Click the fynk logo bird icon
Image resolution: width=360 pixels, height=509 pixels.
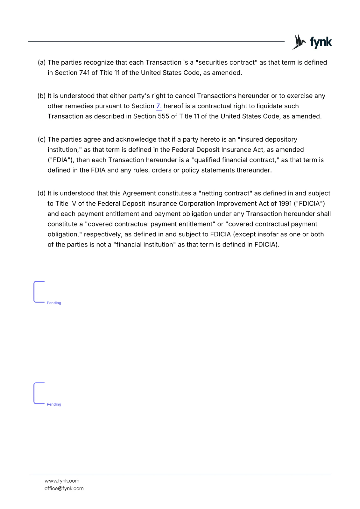pyautogui.click(x=299, y=42)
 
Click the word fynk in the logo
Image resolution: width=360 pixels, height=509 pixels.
pyautogui.click(x=321, y=42)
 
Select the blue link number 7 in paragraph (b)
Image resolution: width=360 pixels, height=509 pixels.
pyautogui.click(x=159, y=106)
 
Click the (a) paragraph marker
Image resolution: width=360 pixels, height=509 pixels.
pyautogui.click(x=42, y=63)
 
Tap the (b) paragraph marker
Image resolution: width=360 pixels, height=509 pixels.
pyautogui.click(x=42, y=96)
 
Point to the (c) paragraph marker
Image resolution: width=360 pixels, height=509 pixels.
pyautogui.click(x=42, y=140)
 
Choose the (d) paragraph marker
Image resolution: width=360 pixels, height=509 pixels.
pyautogui.click(x=42, y=193)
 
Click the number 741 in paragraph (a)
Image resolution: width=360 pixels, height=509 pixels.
pyautogui.click(x=84, y=73)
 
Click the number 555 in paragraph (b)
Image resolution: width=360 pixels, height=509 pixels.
pyautogui.click(x=163, y=116)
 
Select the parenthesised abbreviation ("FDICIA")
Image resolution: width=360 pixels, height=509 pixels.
pyautogui.click(x=309, y=204)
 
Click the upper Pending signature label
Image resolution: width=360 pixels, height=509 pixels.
pyautogui.click(x=54, y=303)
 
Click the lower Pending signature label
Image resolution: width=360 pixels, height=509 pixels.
pyautogui.click(x=54, y=404)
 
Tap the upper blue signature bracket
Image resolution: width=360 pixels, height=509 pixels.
pyautogui.click(x=35, y=292)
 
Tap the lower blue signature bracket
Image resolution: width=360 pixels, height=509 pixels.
pyautogui.click(x=35, y=393)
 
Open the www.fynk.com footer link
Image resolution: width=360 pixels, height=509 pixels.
pyautogui.click(x=62, y=481)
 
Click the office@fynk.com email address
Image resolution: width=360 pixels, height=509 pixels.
pyautogui.click(x=64, y=488)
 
